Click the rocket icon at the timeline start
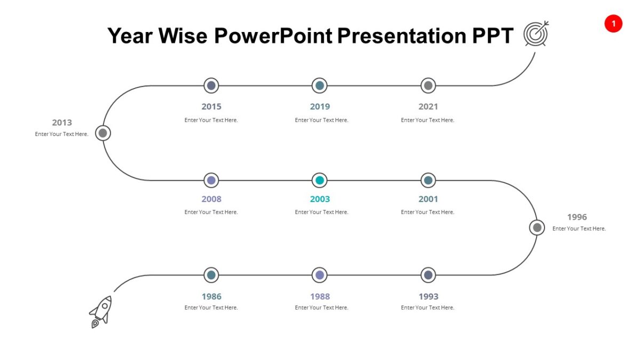point(101,311)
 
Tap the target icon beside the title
point(535,34)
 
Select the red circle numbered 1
point(613,23)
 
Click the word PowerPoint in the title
point(273,36)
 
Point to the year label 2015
point(211,107)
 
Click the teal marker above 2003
point(319,180)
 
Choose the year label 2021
point(428,107)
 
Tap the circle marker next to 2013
point(103,133)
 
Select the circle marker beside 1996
point(537,228)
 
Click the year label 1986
point(211,297)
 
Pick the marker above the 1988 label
point(319,275)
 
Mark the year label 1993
point(428,297)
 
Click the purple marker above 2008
point(211,180)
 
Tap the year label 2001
point(428,199)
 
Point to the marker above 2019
point(319,85)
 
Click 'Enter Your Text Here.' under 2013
point(62,134)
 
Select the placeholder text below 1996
point(579,229)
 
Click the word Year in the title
point(130,36)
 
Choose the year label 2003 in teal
point(320,199)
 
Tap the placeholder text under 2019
point(322,120)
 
